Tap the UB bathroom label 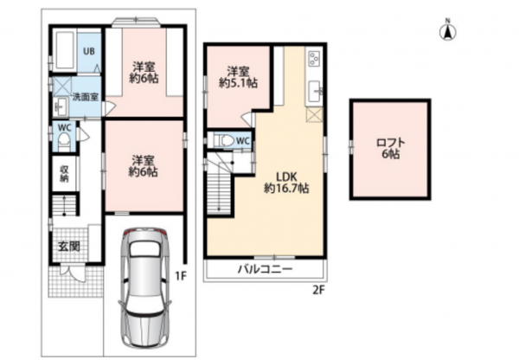tap(89, 51)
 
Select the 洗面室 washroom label tap(86, 98)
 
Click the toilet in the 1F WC tap(64, 142)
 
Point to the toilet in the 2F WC tap(225, 140)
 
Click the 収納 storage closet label tap(64, 174)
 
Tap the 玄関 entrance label tap(69, 246)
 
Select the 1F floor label tap(181, 275)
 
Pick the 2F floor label tap(319, 290)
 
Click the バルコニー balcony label tap(266, 268)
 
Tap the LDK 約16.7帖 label tap(286, 183)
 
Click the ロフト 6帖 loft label tap(391, 148)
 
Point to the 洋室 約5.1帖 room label tap(238, 77)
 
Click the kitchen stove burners tap(313, 59)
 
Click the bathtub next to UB tap(65, 50)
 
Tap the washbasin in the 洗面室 tap(60, 107)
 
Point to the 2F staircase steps tap(219, 194)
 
